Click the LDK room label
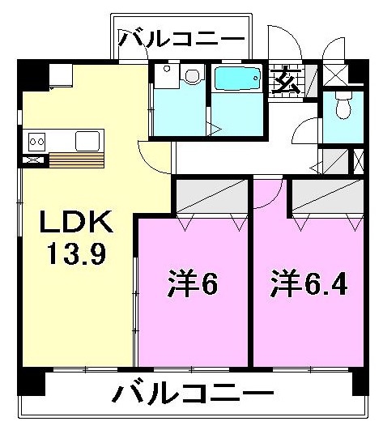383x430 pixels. tap(76, 221)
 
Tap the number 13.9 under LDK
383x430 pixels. tap(77, 254)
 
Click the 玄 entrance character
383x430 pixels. tap(286, 80)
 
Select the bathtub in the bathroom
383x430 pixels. tap(237, 79)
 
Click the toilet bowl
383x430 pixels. tap(343, 105)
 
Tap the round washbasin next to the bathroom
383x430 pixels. tap(193, 75)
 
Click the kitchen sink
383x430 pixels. tap(87, 141)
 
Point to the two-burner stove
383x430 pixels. tap(36, 142)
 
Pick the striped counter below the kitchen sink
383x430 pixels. tap(76, 160)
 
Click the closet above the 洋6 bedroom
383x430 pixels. tap(211, 196)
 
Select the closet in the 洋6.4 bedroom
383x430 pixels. tap(328, 196)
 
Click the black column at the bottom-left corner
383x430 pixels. tap(31, 381)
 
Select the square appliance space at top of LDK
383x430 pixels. tap(61, 75)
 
